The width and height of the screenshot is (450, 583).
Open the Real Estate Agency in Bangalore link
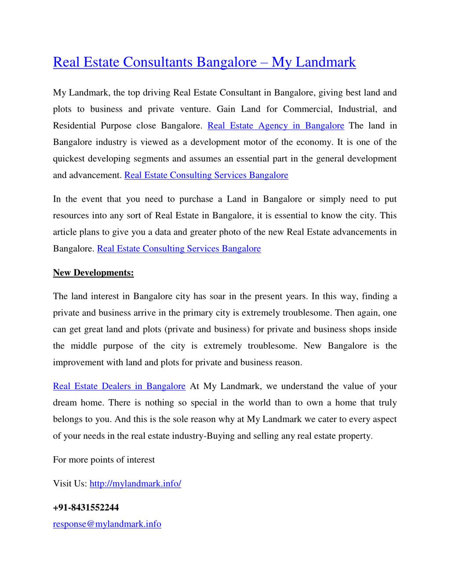276,125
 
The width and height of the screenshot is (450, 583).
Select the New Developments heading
93,273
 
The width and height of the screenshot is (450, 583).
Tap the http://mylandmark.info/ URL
135,483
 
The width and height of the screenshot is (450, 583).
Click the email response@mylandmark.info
107,524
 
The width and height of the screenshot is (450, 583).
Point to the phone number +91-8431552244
86,507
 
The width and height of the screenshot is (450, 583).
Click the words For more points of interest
104,460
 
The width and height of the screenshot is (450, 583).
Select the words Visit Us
70,483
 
